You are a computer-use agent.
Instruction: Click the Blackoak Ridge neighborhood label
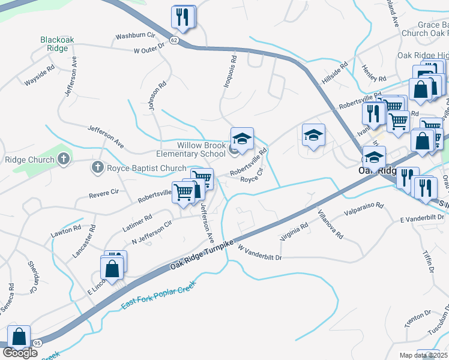coord(58,44)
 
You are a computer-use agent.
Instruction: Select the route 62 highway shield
coord(174,40)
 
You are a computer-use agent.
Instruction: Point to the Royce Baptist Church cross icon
coord(97,167)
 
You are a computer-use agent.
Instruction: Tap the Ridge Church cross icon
coord(64,160)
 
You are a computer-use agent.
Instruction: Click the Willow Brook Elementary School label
coord(201,149)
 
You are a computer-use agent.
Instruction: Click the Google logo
coord(20,353)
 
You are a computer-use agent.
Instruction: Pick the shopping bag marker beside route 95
coord(19,338)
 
